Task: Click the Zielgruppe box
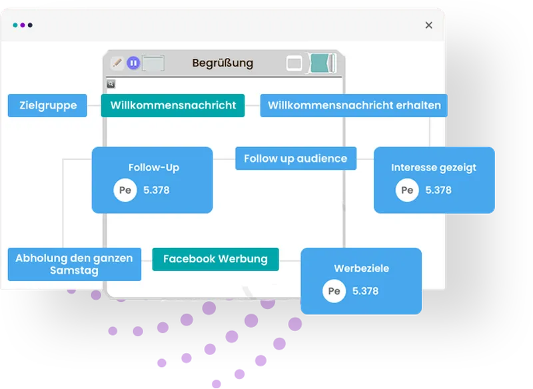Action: pyautogui.click(x=47, y=105)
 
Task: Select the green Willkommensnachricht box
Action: pyautogui.click(x=173, y=105)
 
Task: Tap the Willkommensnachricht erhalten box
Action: pyautogui.click(x=354, y=105)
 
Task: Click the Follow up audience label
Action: pyautogui.click(x=296, y=159)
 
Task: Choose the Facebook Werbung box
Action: pyautogui.click(x=215, y=259)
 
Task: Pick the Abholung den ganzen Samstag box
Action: pyautogui.click(x=75, y=264)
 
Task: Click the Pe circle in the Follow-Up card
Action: pyautogui.click(x=125, y=190)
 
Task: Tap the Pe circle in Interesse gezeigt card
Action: pyautogui.click(x=407, y=190)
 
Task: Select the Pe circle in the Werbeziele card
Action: pyautogui.click(x=334, y=291)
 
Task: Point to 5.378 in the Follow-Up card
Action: pyautogui.click(x=157, y=190)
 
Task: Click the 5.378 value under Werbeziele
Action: pyautogui.click(x=365, y=291)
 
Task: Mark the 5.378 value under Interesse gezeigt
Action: pyautogui.click(x=438, y=190)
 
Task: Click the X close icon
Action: pyautogui.click(x=428, y=25)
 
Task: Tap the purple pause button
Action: pyautogui.click(x=133, y=63)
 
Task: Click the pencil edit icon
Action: pyautogui.click(x=117, y=63)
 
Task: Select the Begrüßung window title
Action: pyautogui.click(x=223, y=63)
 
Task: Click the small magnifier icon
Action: pyautogui.click(x=111, y=83)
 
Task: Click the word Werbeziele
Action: pyautogui.click(x=361, y=268)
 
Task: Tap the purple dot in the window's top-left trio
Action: pyautogui.click(x=23, y=25)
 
